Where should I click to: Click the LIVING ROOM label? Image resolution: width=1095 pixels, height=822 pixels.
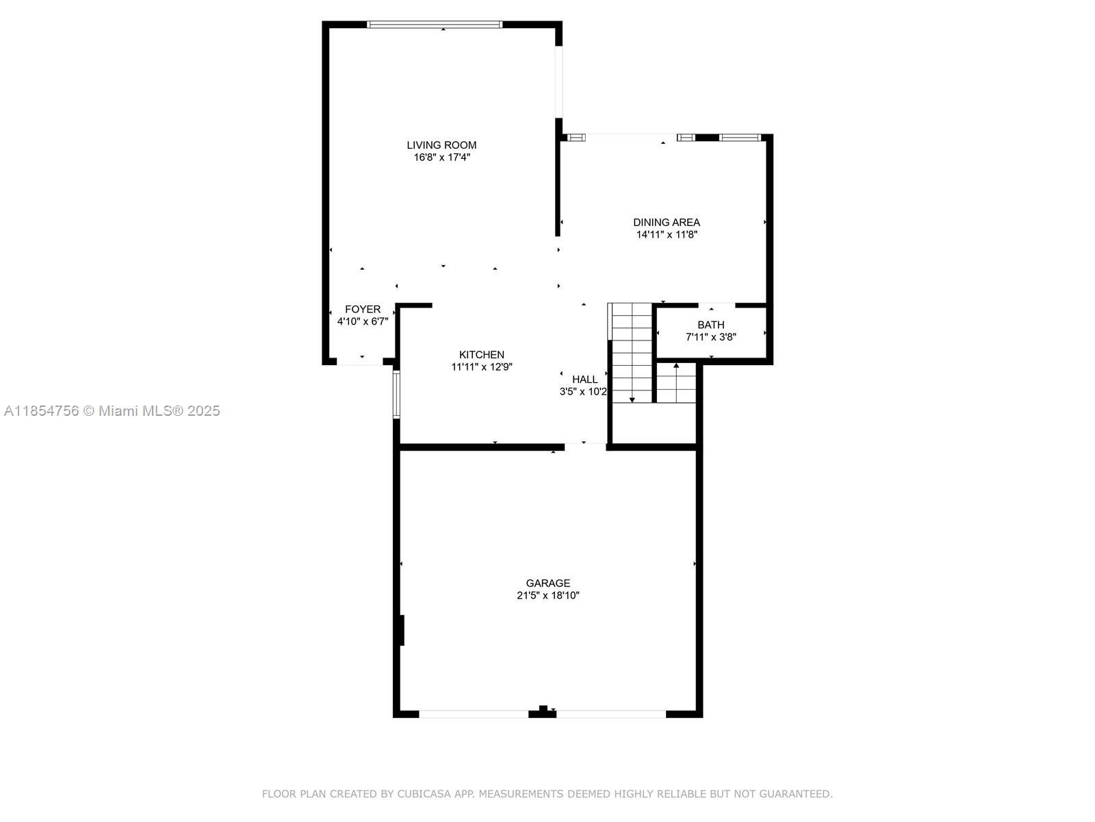(441, 145)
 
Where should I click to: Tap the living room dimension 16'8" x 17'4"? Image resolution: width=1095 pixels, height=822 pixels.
(441, 158)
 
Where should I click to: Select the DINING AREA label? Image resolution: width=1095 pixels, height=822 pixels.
(666, 223)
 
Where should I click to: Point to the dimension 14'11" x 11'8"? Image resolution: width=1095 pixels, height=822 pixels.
(666, 235)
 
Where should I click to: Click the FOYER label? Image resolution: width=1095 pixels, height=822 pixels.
(362, 310)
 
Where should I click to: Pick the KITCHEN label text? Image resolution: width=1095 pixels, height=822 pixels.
(481, 355)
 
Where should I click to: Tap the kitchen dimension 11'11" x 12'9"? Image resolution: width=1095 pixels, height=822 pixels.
(481, 367)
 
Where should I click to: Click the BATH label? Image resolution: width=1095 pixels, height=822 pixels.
(710, 325)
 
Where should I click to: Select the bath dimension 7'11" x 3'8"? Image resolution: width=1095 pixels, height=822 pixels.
(710, 337)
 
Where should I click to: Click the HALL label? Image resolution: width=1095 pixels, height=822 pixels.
(584, 379)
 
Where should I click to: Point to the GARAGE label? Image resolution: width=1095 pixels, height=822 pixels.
(547, 584)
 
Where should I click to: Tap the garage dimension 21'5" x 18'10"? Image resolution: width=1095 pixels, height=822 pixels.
(547, 596)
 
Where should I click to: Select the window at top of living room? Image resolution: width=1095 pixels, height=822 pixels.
(434, 25)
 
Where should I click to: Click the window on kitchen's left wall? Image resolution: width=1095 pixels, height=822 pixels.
(396, 394)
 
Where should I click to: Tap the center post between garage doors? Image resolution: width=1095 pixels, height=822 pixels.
(543, 711)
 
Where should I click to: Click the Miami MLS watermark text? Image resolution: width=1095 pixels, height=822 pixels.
(112, 411)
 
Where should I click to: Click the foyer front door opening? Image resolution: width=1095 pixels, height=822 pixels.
(359, 362)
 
